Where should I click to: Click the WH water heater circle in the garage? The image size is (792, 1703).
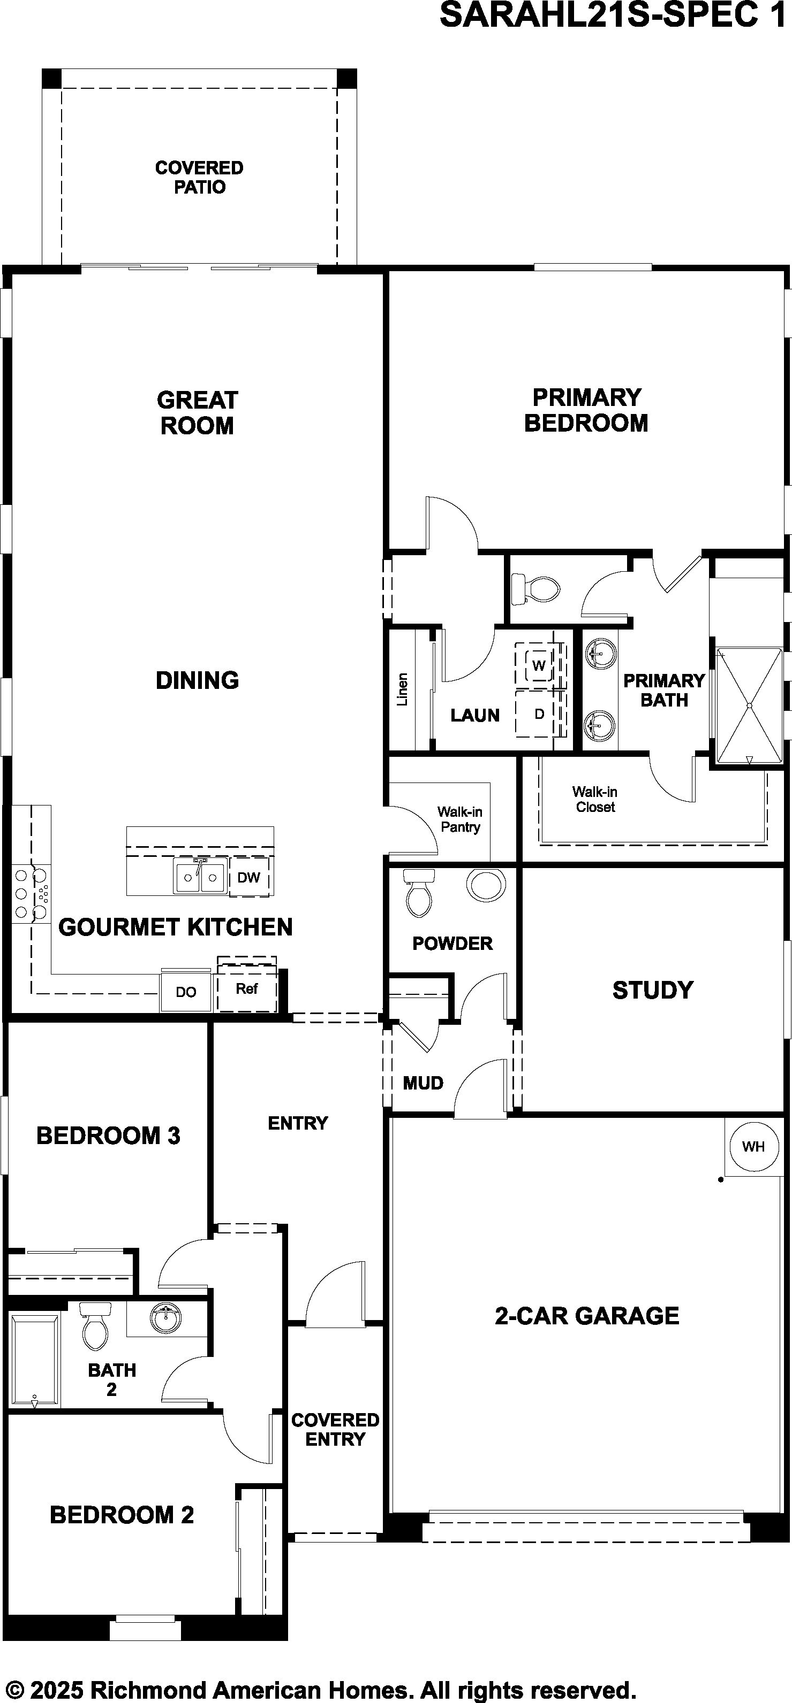click(753, 1146)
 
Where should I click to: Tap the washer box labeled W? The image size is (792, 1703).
click(539, 665)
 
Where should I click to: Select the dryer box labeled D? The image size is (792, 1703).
click(539, 714)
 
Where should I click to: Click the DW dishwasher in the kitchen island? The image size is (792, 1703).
click(249, 877)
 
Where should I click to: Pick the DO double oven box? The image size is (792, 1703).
click(186, 992)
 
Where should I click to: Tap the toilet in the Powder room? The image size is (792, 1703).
click(419, 893)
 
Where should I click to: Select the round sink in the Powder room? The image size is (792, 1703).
click(486, 885)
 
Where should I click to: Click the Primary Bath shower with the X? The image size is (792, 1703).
click(749, 706)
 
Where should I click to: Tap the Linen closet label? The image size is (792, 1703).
click(402, 689)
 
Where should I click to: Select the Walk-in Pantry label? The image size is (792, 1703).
click(460, 819)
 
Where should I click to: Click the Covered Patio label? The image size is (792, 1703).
click(199, 177)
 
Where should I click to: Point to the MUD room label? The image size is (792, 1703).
click(423, 1083)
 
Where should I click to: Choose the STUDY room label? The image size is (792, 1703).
click(652, 989)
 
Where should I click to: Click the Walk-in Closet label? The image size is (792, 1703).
click(595, 799)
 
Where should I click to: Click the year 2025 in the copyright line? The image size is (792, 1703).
click(57, 1686)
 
